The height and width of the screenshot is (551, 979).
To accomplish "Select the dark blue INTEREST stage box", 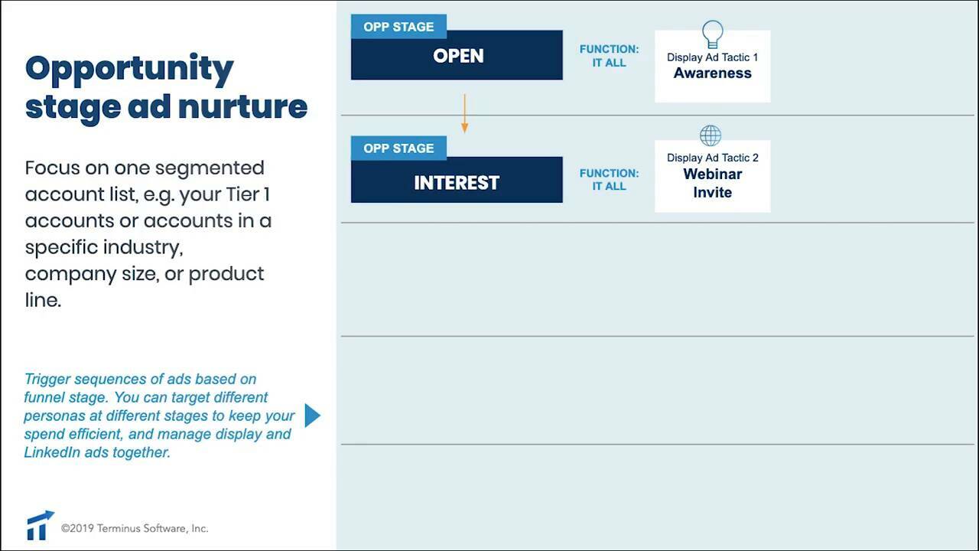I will click(457, 183).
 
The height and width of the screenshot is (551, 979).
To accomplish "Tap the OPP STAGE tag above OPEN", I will click(398, 27).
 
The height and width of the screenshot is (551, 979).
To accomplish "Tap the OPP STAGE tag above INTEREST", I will click(398, 148).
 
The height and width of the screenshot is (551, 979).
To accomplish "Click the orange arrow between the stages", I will click(464, 114).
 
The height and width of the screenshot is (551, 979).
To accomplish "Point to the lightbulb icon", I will click(712, 34).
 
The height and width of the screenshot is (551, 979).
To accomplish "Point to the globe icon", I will click(711, 136).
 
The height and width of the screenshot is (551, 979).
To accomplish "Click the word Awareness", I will click(712, 73).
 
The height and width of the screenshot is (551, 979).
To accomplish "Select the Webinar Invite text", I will click(712, 183).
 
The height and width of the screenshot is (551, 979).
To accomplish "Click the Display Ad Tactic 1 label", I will click(712, 57).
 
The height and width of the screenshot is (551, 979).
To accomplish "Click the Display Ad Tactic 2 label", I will click(712, 158).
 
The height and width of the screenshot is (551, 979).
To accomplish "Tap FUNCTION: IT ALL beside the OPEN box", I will click(609, 56).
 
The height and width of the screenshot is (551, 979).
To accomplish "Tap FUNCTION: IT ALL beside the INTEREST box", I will click(609, 180).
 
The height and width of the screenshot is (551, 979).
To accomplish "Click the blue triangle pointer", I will click(312, 416).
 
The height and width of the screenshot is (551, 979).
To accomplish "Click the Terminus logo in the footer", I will click(40, 526).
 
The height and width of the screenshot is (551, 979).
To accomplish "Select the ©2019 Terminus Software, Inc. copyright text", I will click(135, 528).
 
